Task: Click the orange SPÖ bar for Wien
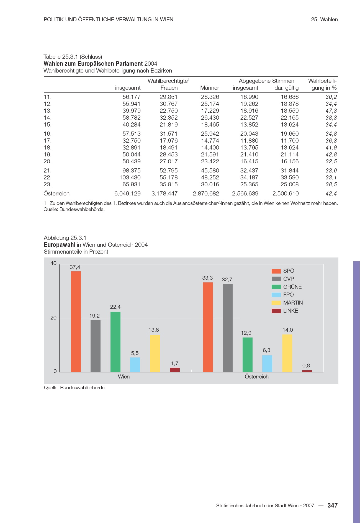tap(76, 321)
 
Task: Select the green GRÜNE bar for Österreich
tap(247, 355)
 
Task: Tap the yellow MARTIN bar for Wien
tap(155, 354)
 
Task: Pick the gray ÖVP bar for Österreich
tap(228, 328)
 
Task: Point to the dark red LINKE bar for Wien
tap(175, 370)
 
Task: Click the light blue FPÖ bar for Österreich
tap(267, 364)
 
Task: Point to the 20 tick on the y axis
tap(53, 318)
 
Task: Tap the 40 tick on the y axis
tap(53, 263)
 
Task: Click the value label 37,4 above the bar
tap(75, 267)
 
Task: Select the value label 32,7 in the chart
tap(227, 280)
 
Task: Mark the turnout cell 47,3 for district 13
tap(331, 111)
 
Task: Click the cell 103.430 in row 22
tap(130, 177)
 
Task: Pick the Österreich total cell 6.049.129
tap(127, 194)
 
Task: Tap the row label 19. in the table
tap(48, 154)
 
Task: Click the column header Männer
tap(210, 88)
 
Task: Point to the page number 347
tap(333, 505)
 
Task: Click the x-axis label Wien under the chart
tap(124, 377)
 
